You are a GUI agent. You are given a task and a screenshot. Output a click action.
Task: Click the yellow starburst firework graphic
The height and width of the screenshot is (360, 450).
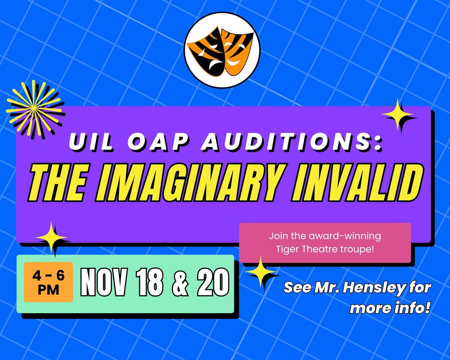tap(34, 108)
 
